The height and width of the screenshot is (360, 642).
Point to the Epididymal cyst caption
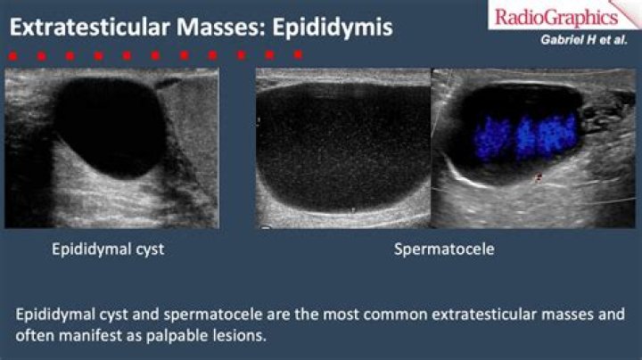point(107,250)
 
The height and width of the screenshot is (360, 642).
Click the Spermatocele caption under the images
point(444,250)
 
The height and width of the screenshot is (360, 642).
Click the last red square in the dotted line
point(298,54)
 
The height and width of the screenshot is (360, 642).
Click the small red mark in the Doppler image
point(537,178)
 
